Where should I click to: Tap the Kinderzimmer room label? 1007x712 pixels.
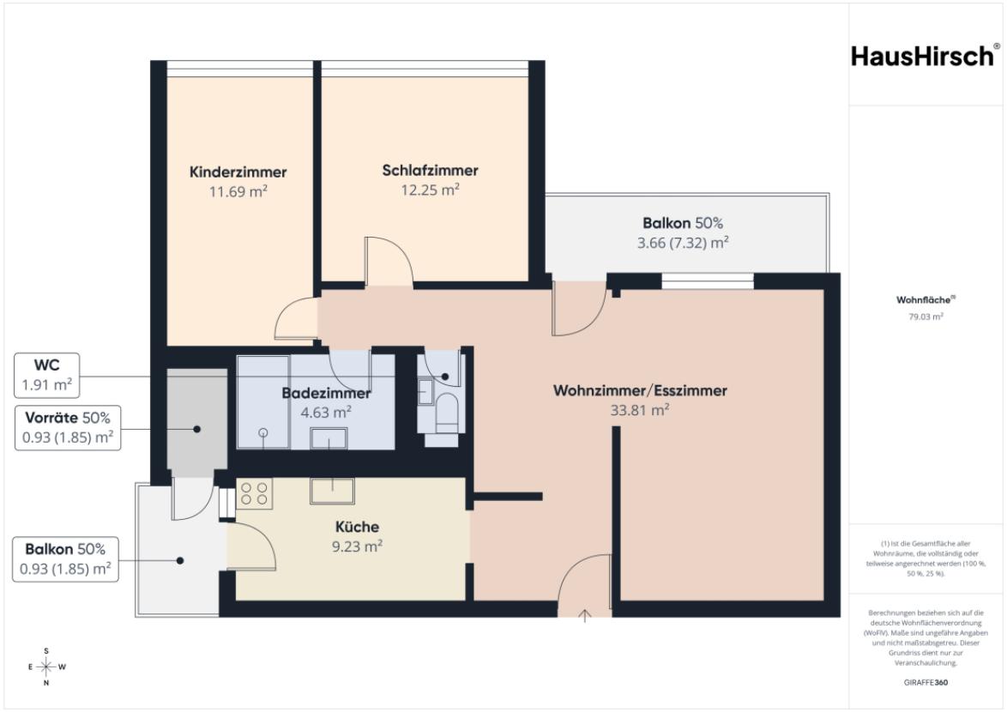[238, 172]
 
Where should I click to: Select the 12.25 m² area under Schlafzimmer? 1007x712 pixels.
[431, 190]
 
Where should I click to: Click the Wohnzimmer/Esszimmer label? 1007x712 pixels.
[640, 390]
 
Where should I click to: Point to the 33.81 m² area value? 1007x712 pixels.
[640, 409]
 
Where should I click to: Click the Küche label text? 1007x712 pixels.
[357, 527]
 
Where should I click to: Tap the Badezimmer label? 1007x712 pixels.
[326, 393]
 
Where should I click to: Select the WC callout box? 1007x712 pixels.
[47, 375]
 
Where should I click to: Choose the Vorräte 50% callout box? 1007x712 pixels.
[68, 427]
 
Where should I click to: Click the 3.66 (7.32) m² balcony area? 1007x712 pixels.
[683, 243]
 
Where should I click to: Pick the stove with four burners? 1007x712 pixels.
[254, 493]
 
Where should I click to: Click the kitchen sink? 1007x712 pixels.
[332, 491]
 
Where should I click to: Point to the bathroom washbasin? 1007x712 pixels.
[329, 438]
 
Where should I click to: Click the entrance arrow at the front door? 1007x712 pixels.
[584, 616]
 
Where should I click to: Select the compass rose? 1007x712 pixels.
[46, 667]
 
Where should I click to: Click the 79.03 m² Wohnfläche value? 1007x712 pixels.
[926, 317]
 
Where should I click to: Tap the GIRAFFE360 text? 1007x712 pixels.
[926, 683]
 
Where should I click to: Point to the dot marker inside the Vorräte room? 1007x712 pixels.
[197, 429]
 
